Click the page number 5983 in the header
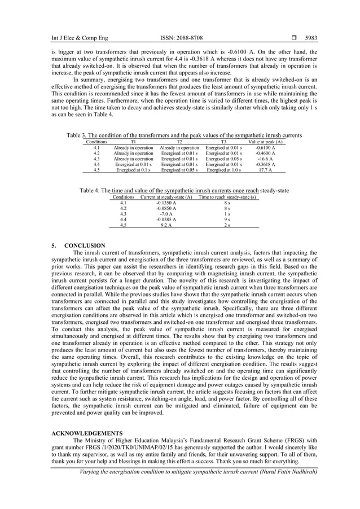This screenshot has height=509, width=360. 310,38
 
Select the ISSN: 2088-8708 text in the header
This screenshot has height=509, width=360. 181,38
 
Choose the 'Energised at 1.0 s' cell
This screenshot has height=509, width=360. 223,169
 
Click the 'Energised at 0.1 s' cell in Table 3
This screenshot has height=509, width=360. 133,169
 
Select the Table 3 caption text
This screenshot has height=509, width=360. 184,135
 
